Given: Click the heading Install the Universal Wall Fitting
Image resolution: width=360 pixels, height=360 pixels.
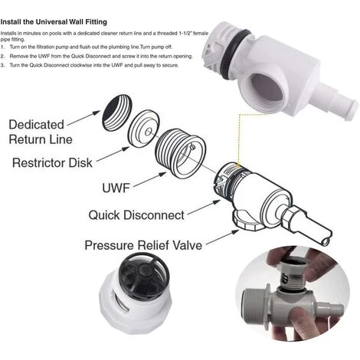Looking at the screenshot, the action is (54, 22).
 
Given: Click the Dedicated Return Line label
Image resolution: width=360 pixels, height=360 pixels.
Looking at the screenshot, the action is (41, 132).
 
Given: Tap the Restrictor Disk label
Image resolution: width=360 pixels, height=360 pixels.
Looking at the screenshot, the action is (52, 162).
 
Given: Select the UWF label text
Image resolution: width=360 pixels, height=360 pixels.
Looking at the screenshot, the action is (116, 188).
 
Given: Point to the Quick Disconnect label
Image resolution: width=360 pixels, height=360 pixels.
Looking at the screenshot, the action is (136, 215).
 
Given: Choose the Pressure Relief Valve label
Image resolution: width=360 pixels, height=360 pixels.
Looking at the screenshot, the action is (143, 245).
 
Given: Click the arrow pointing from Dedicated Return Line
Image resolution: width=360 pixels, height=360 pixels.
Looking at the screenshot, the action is (83, 118).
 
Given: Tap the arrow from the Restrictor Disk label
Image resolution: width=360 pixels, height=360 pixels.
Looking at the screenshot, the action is (113, 154).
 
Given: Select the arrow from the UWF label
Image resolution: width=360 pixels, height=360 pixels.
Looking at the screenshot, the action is (149, 180).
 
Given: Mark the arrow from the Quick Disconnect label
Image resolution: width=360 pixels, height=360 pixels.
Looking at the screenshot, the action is (204, 208).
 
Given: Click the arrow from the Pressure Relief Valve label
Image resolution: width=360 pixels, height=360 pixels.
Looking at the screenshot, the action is (222, 237).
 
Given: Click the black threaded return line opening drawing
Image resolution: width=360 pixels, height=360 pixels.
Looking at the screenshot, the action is (117, 113).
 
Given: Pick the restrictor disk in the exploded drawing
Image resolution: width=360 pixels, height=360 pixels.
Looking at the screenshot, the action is (144, 129).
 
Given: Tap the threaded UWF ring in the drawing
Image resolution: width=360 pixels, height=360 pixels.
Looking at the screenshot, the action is (180, 153).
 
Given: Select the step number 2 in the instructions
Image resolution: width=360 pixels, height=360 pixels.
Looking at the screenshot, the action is (2, 56).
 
